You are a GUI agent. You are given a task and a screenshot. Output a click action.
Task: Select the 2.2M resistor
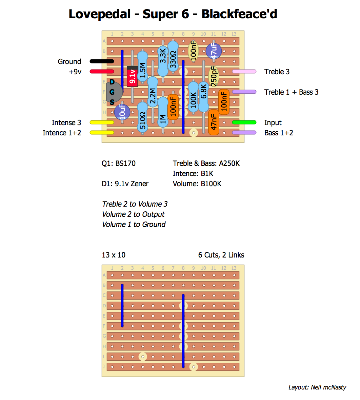tap(153, 95)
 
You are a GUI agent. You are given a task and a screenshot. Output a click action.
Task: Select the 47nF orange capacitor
tap(214, 122)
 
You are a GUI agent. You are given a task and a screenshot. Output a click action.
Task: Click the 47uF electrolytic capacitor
tap(214, 51)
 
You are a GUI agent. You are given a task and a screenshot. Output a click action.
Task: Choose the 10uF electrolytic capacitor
tap(122, 112)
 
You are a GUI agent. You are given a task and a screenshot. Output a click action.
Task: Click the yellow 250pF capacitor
tap(214, 77)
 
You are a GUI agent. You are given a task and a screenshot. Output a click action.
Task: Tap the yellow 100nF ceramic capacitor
tap(193, 51)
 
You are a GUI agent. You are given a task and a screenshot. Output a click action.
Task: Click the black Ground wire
tap(102, 61)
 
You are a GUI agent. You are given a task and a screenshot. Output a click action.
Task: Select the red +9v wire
tap(102, 72)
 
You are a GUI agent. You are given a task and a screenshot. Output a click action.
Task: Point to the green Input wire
tap(244, 122)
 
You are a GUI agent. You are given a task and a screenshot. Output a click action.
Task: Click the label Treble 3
tap(277, 72)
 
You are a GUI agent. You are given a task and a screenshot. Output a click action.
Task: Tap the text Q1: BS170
tap(118, 163)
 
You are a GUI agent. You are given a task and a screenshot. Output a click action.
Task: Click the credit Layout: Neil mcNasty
tap(317, 387)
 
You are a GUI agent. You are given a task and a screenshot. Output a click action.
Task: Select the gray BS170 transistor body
tap(114, 92)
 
